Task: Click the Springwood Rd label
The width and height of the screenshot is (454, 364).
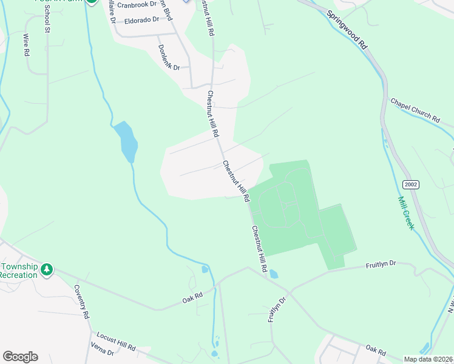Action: tap(347, 29)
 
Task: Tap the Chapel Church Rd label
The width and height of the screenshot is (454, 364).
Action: tap(415, 110)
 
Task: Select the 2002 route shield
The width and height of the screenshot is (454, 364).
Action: tap(410, 184)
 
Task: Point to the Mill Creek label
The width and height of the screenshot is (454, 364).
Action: tap(405, 212)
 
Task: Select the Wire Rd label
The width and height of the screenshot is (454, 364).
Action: tap(26, 45)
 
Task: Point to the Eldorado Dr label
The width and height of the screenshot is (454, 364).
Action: tap(141, 20)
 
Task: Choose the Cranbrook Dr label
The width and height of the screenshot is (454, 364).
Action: tap(136, 4)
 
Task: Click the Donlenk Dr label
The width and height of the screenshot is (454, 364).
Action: tap(169, 57)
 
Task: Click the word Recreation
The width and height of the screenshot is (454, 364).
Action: tap(18, 275)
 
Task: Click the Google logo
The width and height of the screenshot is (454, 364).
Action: tap(20, 357)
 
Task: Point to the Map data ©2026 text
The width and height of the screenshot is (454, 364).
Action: tap(429, 359)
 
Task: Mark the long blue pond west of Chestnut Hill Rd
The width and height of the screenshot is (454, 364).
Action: tap(127, 141)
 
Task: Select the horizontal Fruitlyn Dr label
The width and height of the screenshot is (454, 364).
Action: tap(381, 265)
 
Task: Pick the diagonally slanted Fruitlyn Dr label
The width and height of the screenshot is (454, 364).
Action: tap(277, 310)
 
